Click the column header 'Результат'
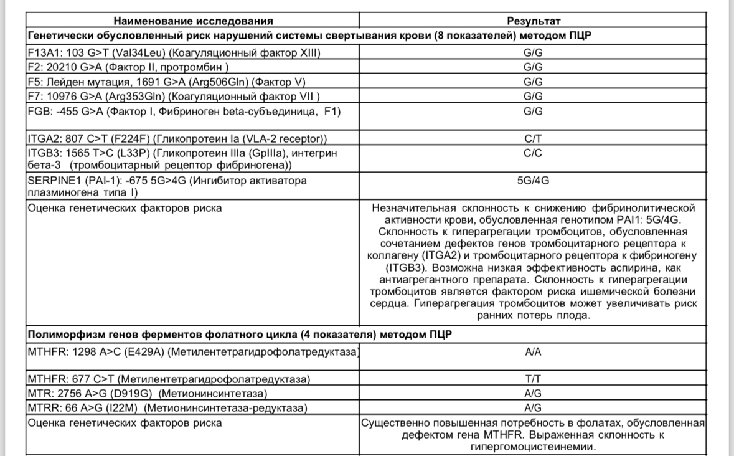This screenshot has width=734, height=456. click(x=533, y=21)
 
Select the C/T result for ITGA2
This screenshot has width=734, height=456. click(x=533, y=138)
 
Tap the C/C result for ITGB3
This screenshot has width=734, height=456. click(x=533, y=152)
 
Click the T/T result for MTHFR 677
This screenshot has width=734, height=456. click(x=533, y=379)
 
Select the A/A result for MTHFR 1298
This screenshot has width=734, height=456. click(x=533, y=352)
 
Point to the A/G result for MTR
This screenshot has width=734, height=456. click(x=533, y=394)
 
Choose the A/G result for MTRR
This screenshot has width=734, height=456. click(x=533, y=408)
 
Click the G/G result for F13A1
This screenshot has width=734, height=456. click(x=533, y=52)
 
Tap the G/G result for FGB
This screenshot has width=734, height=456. click(x=533, y=111)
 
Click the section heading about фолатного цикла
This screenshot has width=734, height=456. click(x=240, y=335)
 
